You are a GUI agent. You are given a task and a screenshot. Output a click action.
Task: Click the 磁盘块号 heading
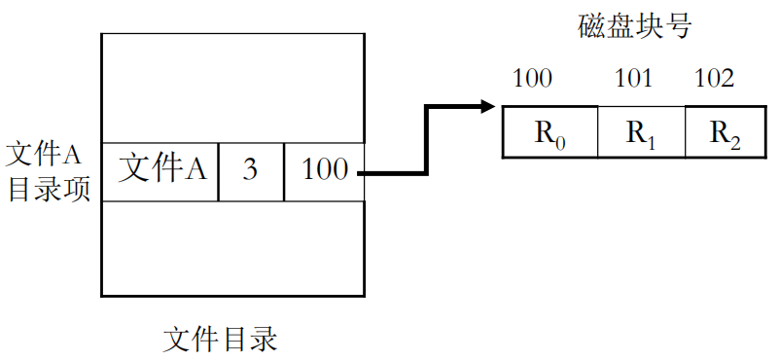[x=633, y=27]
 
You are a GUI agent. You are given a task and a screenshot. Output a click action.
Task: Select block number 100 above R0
[x=532, y=79]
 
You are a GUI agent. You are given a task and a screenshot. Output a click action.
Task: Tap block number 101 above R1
[x=634, y=79]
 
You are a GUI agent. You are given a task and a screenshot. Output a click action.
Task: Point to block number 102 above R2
[x=714, y=79]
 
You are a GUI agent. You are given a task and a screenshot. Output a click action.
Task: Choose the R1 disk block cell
[x=640, y=132]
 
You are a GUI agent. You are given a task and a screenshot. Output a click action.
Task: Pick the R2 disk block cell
[x=725, y=132]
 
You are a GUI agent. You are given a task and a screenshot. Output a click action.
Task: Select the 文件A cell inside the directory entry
[x=160, y=170]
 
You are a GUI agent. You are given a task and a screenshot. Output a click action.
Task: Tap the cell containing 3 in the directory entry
[x=250, y=170]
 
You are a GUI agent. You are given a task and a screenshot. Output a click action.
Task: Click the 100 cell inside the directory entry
[x=324, y=170]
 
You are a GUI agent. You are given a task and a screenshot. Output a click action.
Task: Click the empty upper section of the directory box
[x=232, y=88]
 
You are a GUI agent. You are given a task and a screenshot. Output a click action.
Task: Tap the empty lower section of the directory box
[x=232, y=248]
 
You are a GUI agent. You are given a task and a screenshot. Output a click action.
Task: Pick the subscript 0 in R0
[x=560, y=142]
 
